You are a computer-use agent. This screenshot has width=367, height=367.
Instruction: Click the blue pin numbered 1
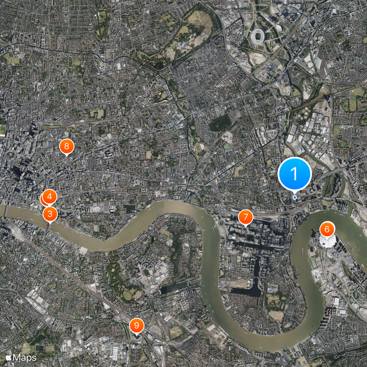[x=295, y=174]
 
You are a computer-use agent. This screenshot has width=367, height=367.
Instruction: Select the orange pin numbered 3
[x=50, y=214]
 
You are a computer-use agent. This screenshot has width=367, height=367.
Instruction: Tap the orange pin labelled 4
[x=50, y=197]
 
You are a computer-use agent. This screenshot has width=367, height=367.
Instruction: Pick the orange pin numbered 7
[x=246, y=217]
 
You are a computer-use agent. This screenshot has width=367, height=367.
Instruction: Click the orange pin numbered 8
[x=67, y=147]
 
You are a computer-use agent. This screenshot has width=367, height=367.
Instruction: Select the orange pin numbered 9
[x=137, y=326]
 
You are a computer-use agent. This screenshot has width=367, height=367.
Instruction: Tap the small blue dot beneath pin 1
[x=295, y=197]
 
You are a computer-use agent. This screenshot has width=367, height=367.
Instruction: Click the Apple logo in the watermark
[x=9, y=357]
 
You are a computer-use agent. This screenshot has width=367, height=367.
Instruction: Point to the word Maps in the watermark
[x=25, y=357]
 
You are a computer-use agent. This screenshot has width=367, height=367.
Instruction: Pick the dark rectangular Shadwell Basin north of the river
[x=129, y=207]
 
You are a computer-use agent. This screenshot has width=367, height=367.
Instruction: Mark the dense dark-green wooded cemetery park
[x=221, y=122]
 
